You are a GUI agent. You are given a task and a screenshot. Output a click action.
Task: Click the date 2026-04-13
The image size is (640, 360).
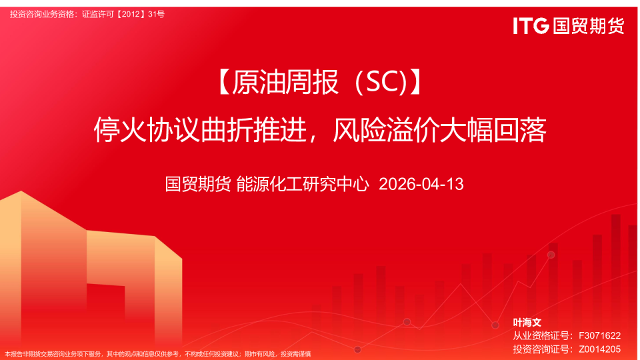pos(421,184)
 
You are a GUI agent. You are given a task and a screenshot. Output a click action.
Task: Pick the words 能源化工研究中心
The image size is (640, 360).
pos(303,184)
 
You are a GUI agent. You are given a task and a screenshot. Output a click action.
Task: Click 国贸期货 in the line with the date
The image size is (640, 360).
pos(198,184)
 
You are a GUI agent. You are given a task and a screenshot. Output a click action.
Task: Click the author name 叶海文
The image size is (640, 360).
pos(527,322)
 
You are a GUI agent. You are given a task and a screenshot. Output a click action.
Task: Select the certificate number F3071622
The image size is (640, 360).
pos(599,335)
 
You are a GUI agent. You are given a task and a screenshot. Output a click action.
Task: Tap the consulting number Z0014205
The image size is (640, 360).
pos(599,349)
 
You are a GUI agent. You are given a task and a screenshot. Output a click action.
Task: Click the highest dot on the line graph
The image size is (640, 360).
pos(551,255)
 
